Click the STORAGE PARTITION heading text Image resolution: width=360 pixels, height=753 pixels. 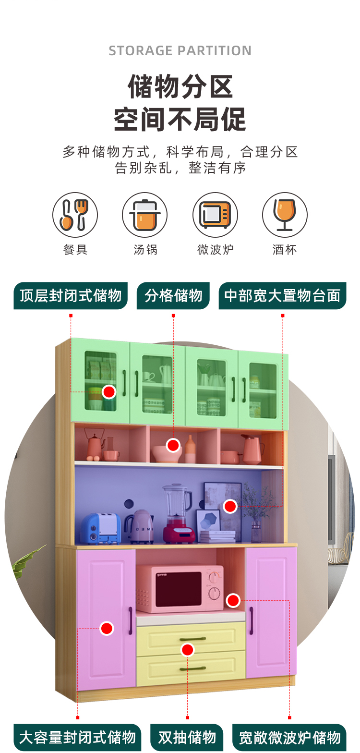(180, 51)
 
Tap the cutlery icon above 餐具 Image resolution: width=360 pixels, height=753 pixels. (75, 215)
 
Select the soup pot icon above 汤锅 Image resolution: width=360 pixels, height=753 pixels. (144, 215)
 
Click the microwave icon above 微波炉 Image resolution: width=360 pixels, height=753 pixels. (215, 215)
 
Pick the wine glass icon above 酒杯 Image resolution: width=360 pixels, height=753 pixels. (285, 215)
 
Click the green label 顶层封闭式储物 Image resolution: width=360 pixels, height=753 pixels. (71, 295)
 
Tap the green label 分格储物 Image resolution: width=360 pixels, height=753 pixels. (173, 295)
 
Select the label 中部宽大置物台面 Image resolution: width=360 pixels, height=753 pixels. (282, 295)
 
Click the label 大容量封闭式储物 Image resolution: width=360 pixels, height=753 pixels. (77, 737)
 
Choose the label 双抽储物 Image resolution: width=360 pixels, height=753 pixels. (187, 737)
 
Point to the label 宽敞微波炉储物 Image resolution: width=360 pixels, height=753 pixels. (289, 737)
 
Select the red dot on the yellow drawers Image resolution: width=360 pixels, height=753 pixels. (188, 650)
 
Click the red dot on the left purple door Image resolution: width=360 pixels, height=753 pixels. (107, 628)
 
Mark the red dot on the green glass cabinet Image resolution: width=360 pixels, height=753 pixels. (109, 392)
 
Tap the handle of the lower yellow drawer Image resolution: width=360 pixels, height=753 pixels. (192, 668)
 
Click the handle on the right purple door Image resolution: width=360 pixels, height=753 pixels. (251, 620)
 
